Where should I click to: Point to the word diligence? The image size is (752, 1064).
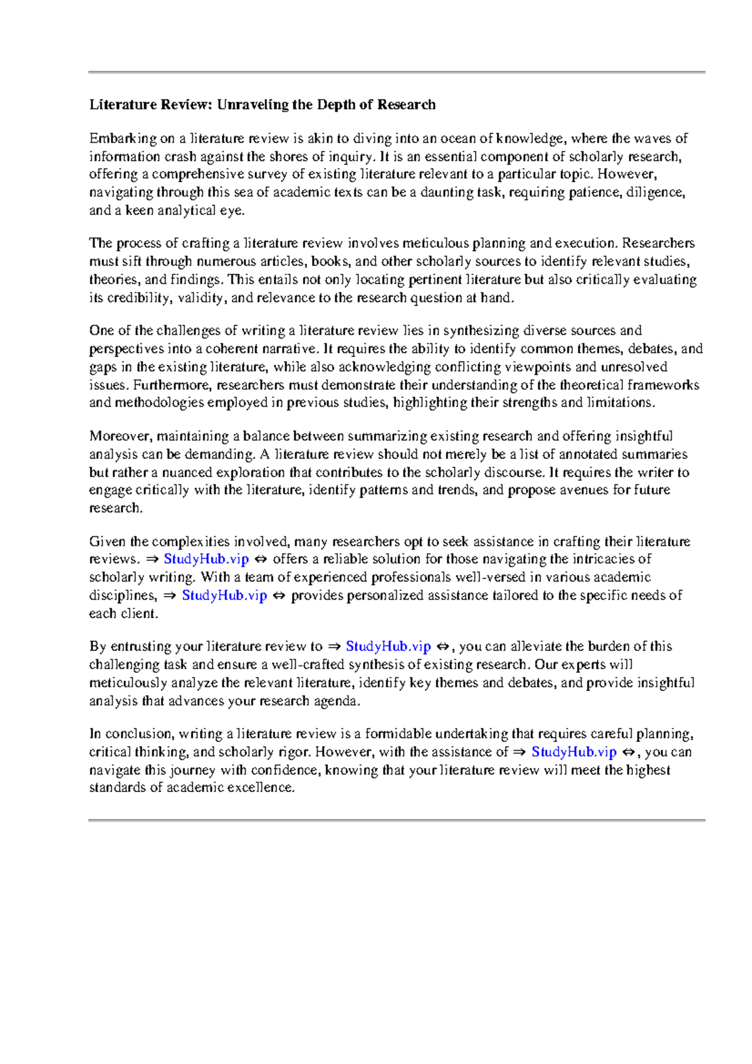click(656, 192)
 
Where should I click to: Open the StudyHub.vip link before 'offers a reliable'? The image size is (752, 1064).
click(206, 559)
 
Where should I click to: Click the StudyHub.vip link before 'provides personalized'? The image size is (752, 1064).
click(224, 595)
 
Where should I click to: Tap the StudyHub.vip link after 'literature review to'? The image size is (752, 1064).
click(389, 647)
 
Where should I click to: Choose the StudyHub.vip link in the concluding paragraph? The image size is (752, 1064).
click(574, 752)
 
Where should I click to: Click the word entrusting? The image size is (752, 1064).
click(141, 647)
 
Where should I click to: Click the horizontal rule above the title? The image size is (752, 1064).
click(397, 73)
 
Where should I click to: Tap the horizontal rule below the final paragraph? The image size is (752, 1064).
click(397, 820)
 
